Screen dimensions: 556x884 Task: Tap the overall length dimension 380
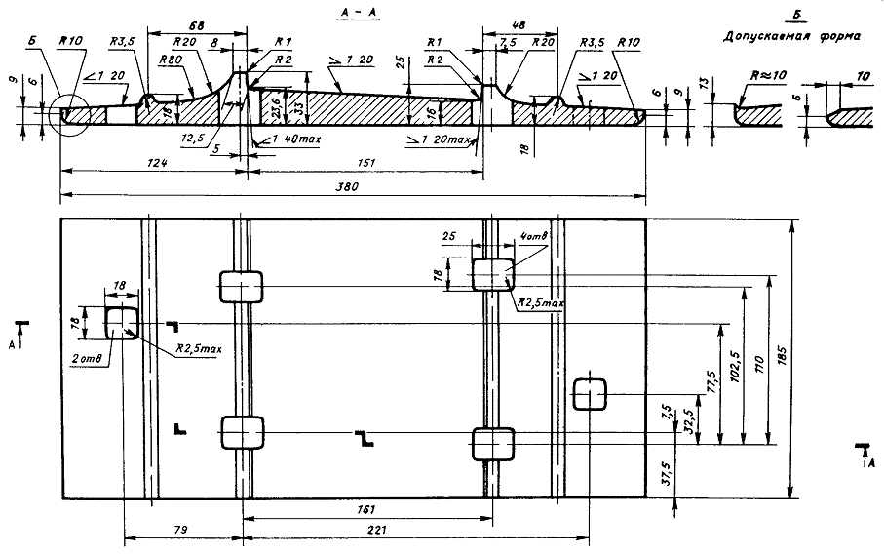pos(347,188)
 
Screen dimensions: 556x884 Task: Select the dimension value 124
pos(148,166)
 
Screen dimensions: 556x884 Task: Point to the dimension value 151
pos(365,166)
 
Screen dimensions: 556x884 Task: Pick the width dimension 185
pos(785,358)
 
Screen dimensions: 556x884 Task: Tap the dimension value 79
pos(181,530)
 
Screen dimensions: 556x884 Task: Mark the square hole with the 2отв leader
pos(121,322)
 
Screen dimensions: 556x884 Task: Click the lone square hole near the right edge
pos(590,395)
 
